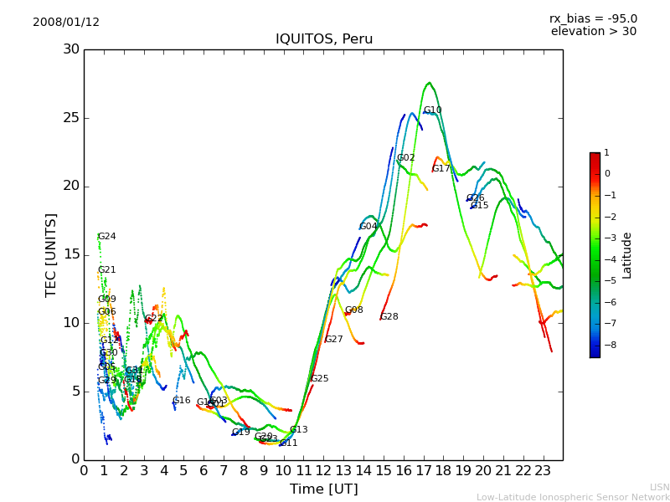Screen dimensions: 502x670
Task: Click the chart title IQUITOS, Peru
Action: (324, 39)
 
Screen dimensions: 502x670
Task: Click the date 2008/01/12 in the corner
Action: (66, 23)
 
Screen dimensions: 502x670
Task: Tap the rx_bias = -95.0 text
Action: (593, 18)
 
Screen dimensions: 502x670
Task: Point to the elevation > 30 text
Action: (593, 32)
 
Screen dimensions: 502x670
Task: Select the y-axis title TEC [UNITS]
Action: (51, 254)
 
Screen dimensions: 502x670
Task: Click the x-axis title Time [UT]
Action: (323, 489)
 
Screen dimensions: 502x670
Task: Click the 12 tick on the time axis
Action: (323, 470)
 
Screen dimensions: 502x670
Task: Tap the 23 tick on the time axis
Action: (543, 470)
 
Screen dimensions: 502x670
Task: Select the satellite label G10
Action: (432, 110)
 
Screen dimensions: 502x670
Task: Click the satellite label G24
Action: (107, 237)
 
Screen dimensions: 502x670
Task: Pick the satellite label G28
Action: (389, 317)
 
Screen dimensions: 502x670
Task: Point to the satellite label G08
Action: (353, 310)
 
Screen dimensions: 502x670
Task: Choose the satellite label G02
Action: (406, 158)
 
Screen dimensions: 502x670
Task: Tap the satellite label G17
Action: (441, 169)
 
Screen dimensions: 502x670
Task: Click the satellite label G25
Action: (320, 379)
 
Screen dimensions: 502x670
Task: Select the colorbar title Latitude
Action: (627, 255)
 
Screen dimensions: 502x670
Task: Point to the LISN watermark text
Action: (660, 487)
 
